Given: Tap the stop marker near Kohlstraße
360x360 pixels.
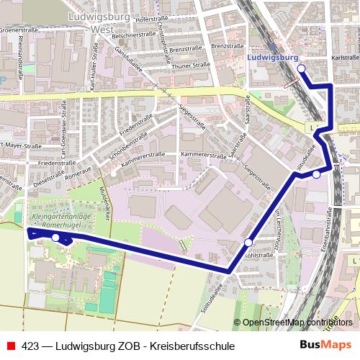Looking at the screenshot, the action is [x=248, y=243].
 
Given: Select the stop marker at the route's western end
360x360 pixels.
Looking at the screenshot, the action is [x=55, y=237].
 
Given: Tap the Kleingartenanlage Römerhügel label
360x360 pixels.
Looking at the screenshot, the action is [x=59, y=220].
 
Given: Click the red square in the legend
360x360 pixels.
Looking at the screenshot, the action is [x=12, y=346].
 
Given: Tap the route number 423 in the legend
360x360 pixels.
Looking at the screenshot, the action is [x=30, y=346].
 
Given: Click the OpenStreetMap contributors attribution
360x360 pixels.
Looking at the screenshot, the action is [x=294, y=322].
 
